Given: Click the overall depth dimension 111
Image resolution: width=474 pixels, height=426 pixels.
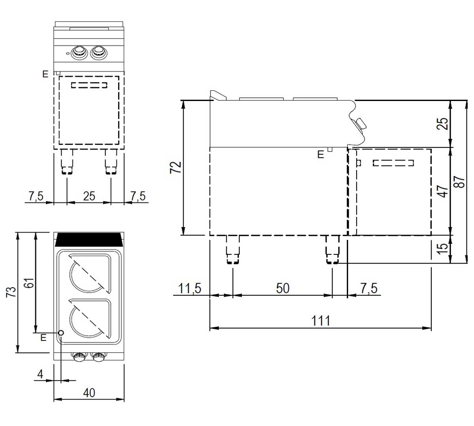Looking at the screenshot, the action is click(x=320, y=321).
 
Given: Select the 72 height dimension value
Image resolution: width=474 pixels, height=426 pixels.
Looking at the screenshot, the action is click(x=175, y=167).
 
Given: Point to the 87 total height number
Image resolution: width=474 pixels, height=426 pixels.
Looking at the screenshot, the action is click(x=459, y=182).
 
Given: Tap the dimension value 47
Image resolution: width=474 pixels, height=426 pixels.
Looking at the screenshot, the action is click(x=442, y=191).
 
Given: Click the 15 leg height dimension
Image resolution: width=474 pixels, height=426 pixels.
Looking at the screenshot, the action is click(x=442, y=248).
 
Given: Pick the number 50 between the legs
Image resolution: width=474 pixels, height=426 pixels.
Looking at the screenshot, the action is click(x=282, y=288).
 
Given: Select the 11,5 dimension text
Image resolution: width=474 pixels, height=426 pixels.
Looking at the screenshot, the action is click(x=190, y=288).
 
